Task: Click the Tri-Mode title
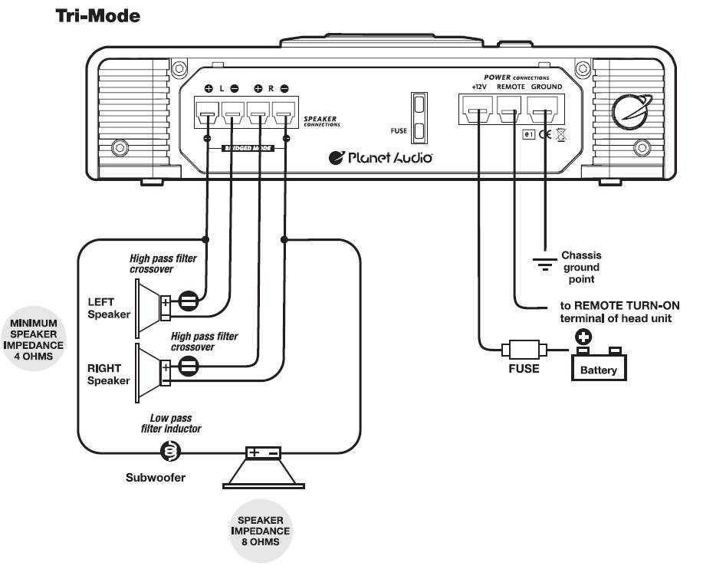[97, 15]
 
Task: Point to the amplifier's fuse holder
[419, 118]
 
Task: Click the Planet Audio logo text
[381, 158]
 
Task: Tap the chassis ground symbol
[545, 265]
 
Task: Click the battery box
[599, 363]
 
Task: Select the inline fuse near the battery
[524, 350]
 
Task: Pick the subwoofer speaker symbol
[263, 467]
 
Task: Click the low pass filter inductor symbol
[169, 452]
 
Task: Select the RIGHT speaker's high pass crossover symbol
[189, 367]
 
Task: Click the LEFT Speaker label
[108, 307]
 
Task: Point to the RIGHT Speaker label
[108, 374]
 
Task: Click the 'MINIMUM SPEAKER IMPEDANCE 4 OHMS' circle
[33, 339]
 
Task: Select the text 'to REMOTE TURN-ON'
[614, 304]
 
